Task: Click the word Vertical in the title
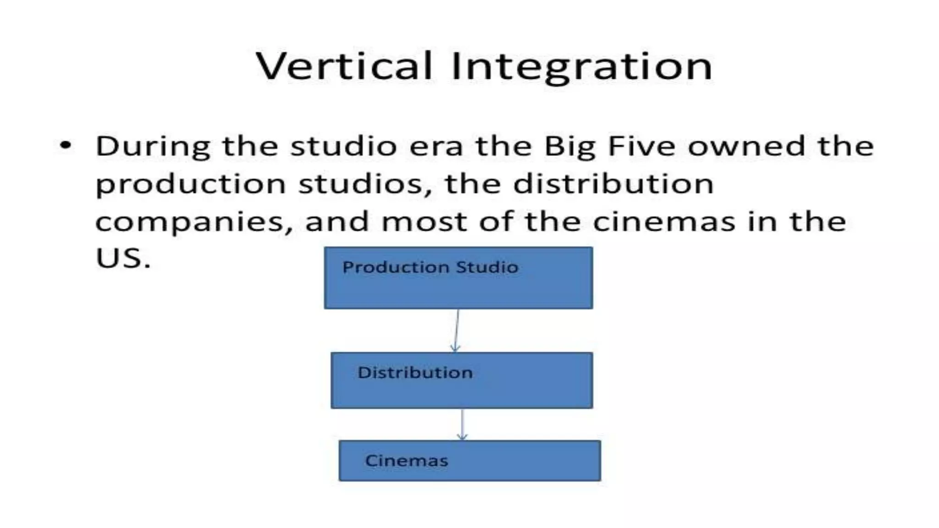coord(344,66)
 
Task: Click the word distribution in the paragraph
coord(613,184)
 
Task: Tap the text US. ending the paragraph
coord(123,258)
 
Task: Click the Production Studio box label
coord(430,267)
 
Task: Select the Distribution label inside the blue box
coord(415,373)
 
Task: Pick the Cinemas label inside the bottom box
coord(406,461)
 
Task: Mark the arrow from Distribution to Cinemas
coord(462,424)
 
